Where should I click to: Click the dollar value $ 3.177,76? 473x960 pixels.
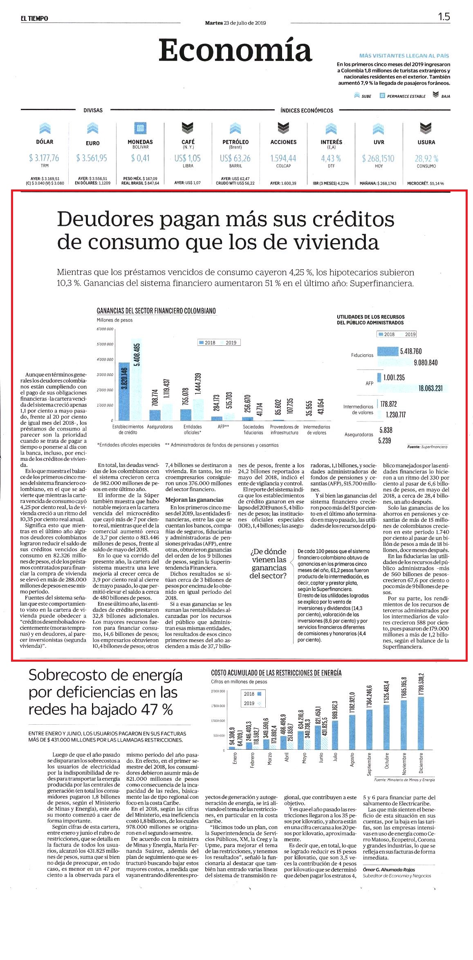click(44, 158)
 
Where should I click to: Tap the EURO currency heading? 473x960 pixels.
click(92, 143)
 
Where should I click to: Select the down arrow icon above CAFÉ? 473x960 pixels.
click(188, 128)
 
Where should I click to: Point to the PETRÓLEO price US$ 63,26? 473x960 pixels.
click(235, 158)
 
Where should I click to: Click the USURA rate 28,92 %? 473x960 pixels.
click(426, 158)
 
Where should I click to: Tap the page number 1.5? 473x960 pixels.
click(444, 17)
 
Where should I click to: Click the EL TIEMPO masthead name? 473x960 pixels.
click(35, 18)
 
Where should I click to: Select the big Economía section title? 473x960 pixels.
click(235, 50)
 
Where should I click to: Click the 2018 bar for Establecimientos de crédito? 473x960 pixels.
click(124, 391)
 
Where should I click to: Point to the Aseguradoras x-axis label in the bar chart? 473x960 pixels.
click(160, 426)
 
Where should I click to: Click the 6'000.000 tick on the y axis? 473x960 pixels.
click(105, 329)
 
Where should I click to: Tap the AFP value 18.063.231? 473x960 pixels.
click(430, 388)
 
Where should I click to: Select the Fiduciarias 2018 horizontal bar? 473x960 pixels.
click(388, 351)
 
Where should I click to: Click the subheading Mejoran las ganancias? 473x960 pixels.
click(195, 500)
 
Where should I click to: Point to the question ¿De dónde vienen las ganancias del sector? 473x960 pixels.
click(268, 563)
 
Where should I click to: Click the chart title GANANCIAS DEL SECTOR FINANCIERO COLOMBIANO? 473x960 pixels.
click(156, 311)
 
